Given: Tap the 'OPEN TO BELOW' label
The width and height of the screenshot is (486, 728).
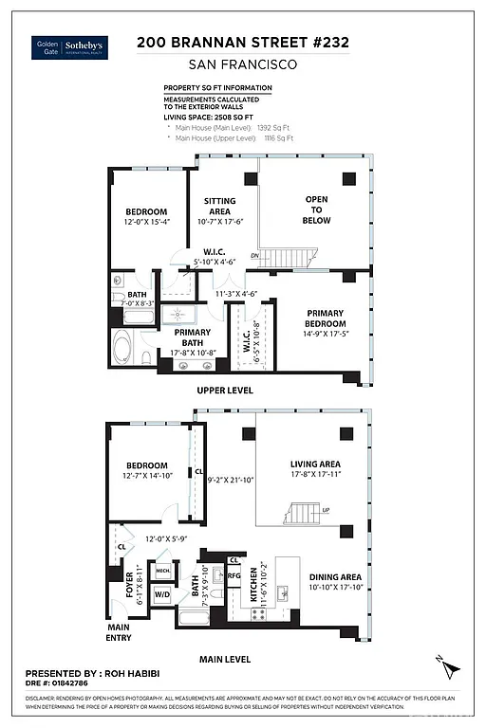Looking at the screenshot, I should [317, 209].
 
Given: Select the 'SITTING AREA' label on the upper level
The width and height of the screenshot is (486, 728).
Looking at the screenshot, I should [220, 207].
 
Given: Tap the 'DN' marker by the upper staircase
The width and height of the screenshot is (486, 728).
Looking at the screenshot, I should [253, 255].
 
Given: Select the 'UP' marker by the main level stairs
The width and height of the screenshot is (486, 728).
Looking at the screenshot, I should [325, 510].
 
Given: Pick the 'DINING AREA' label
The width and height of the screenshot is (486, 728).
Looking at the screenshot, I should [335, 581].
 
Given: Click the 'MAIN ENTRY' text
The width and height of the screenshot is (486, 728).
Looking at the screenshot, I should [119, 631].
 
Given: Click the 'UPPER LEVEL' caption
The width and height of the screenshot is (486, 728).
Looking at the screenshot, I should [224, 390].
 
